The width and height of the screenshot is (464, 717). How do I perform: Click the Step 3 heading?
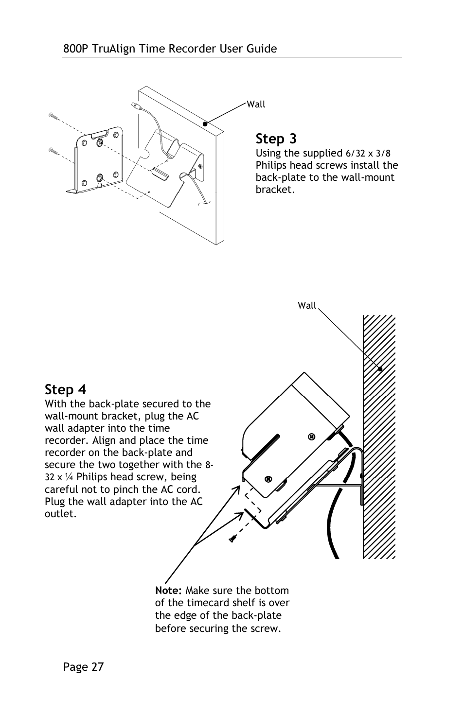(276, 139)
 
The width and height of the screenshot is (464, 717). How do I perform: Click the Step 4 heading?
(65, 390)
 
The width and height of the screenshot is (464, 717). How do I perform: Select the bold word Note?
(168, 591)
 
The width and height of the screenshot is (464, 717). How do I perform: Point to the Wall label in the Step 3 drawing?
(256, 105)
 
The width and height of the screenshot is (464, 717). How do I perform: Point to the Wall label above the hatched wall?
(307, 306)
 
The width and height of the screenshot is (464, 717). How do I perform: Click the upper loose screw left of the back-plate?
(54, 116)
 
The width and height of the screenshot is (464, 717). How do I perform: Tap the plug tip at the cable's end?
(135, 105)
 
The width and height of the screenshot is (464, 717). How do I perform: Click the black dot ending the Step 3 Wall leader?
(205, 124)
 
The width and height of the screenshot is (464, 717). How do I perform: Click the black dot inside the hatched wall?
(380, 369)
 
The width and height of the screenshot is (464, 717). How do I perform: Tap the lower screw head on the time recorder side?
(268, 479)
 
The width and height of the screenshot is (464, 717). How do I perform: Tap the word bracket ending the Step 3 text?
(274, 190)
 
